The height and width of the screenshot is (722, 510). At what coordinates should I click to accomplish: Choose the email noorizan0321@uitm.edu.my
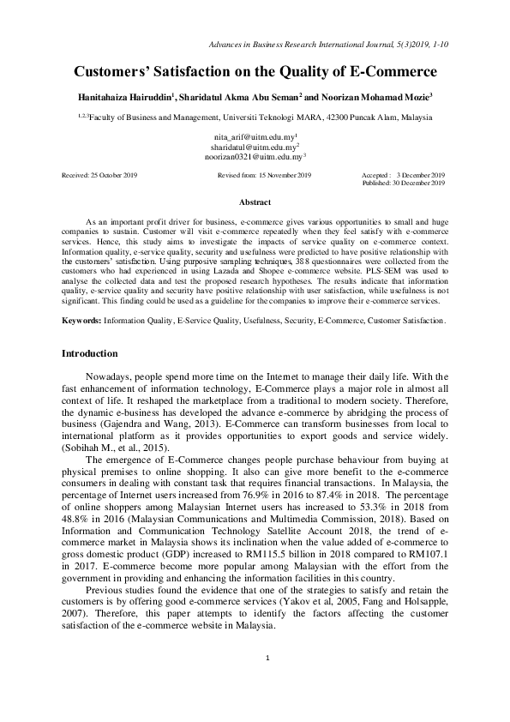[255, 158]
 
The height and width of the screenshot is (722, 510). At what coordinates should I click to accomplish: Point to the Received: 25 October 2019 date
[99, 174]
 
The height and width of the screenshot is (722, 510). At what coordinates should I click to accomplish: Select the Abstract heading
[255, 202]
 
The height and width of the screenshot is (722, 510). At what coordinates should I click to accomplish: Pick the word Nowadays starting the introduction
[109, 376]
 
